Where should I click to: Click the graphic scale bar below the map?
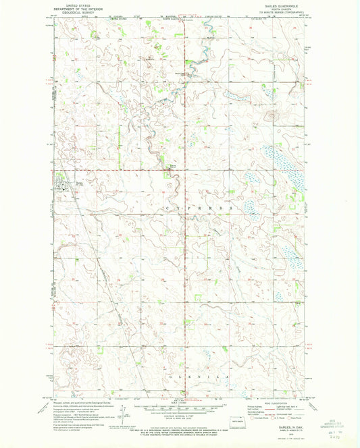point(179,401)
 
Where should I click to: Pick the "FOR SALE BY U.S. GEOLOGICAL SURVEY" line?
point(179,419)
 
